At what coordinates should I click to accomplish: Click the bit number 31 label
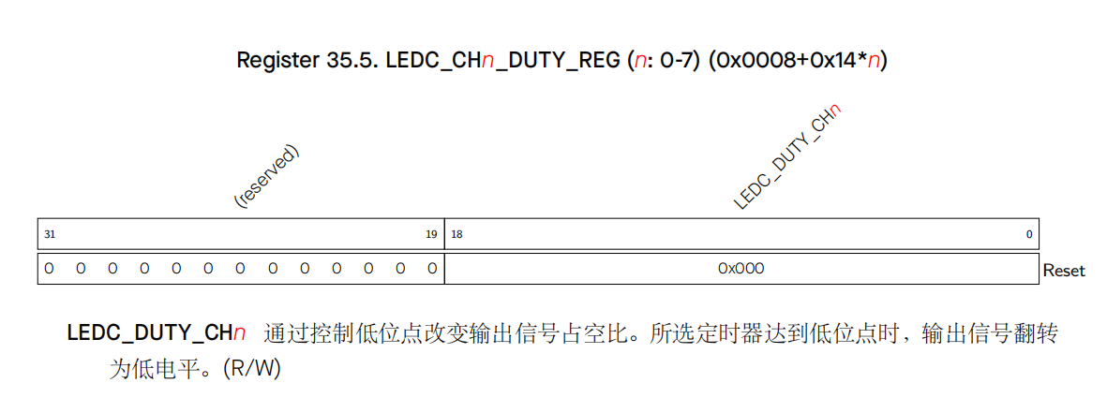tap(49, 234)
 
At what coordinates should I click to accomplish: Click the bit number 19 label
tap(431, 234)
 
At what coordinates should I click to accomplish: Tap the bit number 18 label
tap(456, 234)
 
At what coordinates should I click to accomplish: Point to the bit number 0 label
tap(1028, 234)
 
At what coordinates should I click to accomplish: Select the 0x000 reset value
tap(740, 269)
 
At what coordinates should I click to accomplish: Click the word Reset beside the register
tap(1064, 271)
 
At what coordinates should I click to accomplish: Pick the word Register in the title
tap(273, 62)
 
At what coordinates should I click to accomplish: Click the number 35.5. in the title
tap(350, 62)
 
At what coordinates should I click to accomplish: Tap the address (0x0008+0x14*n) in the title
tap(798, 62)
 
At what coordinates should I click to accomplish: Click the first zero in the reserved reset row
tap(49, 269)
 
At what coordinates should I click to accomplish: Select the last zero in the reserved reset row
tap(431, 269)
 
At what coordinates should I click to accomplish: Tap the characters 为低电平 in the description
tap(148, 369)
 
